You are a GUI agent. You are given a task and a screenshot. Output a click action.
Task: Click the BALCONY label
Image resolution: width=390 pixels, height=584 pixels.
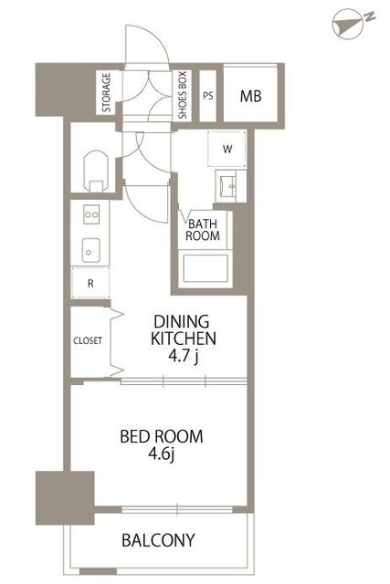[x=158, y=539]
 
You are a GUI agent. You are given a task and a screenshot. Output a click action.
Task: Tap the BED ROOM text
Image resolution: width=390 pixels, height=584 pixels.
[x=162, y=436]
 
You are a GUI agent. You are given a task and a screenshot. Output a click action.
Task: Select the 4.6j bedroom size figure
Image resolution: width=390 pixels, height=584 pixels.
[x=162, y=454]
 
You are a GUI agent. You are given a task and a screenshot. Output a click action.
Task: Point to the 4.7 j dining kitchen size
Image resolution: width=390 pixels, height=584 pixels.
[x=183, y=356]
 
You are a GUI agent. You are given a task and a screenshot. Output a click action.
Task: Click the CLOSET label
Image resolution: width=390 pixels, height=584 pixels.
[x=88, y=340]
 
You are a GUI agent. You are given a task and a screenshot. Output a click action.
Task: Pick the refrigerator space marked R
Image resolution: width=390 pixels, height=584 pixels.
[x=90, y=283]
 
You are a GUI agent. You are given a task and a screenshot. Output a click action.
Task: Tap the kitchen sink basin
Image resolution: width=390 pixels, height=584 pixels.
[x=91, y=250]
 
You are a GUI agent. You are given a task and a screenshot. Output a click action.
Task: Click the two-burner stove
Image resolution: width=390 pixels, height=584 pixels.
[x=91, y=214]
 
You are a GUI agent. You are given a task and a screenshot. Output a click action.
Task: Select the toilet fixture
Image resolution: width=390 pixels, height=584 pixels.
[x=96, y=171]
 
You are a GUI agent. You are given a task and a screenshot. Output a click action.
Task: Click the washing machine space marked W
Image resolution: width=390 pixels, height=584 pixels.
[x=227, y=149]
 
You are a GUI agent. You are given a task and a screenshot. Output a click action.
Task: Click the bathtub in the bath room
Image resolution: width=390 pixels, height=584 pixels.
[x=206, y=268]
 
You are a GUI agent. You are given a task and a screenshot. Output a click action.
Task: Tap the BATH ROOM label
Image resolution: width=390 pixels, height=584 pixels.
[x=203, y=230]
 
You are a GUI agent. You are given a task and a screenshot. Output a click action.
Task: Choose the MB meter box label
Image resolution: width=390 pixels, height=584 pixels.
[x=250, y=96]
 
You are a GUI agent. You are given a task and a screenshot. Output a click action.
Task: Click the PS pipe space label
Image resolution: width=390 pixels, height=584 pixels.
[x=208, y=96]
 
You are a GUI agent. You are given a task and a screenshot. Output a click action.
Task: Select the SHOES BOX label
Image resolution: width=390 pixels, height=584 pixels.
[x=183, y=95]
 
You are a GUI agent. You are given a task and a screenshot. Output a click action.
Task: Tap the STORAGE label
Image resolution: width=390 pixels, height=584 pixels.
[x=107, y=93]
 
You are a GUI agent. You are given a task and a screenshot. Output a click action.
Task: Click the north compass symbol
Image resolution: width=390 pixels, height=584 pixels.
[x=347, y=25]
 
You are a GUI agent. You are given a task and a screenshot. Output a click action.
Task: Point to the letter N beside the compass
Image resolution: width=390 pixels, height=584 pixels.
[x=370, y=16]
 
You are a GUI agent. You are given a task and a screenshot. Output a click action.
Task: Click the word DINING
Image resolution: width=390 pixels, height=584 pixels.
[x=182, y=321]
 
